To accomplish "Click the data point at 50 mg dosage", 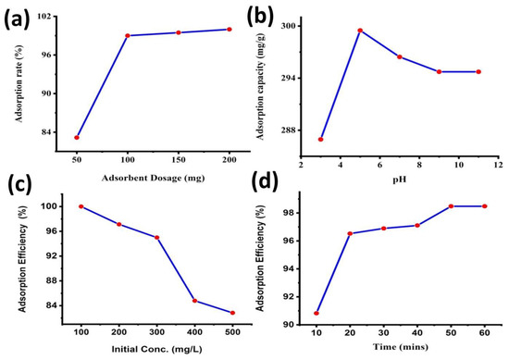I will click(77, 137).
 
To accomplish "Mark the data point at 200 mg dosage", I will click(229, 30).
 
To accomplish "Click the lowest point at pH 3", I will click(320, 139).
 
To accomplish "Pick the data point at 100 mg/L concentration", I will click(81, 206).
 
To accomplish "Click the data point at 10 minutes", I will click(317, 313).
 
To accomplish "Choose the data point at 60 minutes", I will click(484, 206).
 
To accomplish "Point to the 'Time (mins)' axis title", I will click(400, 350).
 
